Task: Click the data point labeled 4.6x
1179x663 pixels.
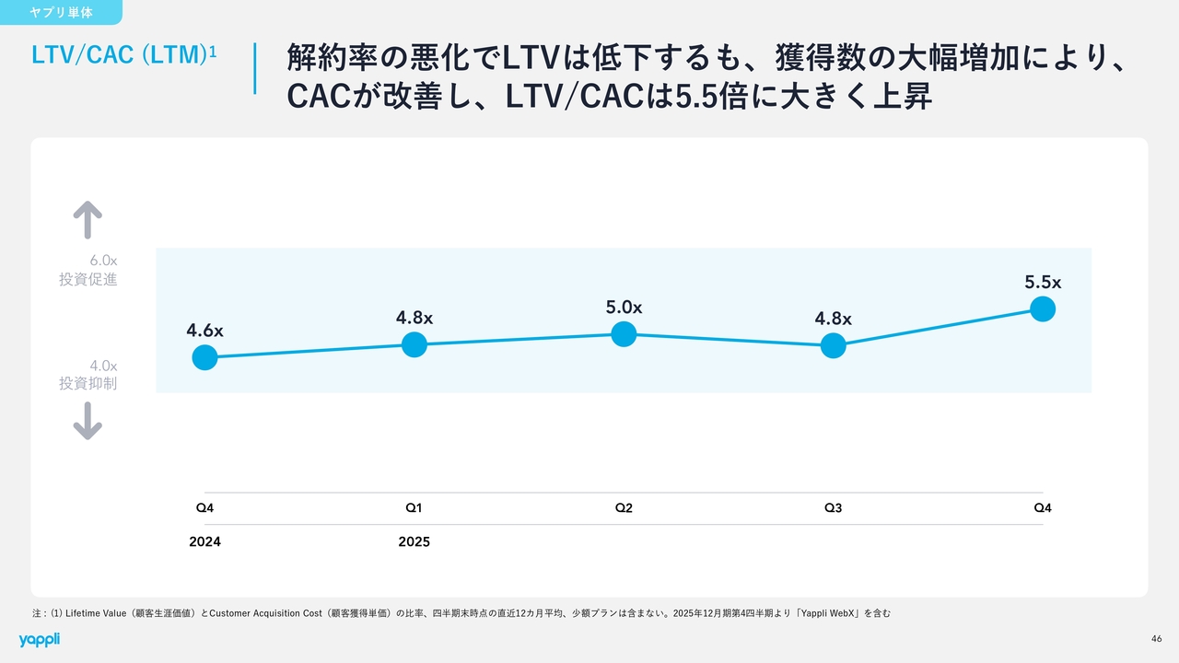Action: pyautogui.click(x=204, y=357)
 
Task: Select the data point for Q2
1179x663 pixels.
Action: pyautogui.click(x=624, y=333)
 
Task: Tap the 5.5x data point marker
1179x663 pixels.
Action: pyautogui.click(x=1043, y=308)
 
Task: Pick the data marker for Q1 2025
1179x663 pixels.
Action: pyautogui.click(x=414, y=344)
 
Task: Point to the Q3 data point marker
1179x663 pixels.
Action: pyautogui.click(x=833, y=345)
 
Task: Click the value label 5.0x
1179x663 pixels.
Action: pyautogui.click(x=624, y=308)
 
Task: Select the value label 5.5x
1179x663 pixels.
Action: pyautogui.click(x=1043, y=283)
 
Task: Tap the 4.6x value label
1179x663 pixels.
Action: pyautogui.click(x=204, y=330)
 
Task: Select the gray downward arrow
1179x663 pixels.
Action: pyautogui.click(x=88, y=422)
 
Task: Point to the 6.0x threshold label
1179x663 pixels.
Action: pyautogui.click(x=103, y=261)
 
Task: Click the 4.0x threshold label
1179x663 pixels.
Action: pyautogui.click(x=103, y=366)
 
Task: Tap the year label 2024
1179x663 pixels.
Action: pyautogui.click(x=204, y=541)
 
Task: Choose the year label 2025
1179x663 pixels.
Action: pyautogui.click(x=414, y=541)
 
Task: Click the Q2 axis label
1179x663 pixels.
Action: pyautogui.click(x=624, y=507)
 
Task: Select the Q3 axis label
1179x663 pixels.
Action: pyautogui.click(x=833, y=507)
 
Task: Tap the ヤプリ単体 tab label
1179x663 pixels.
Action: pyautogui.click(x=61, y=13)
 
